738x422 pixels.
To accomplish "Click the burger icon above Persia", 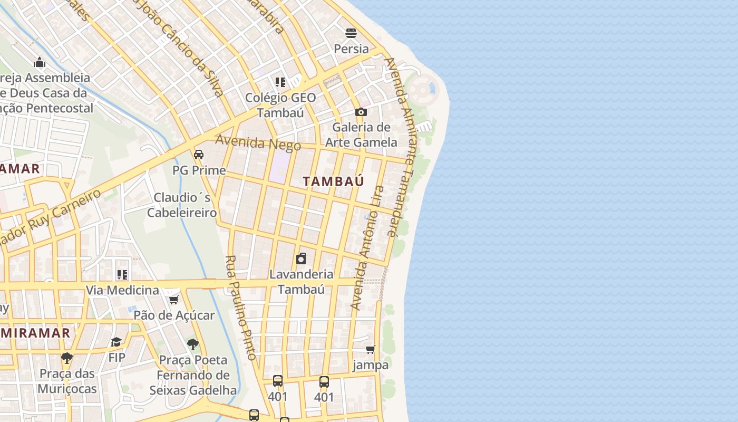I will click(351, 33).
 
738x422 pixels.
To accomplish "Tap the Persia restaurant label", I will click(351, 49).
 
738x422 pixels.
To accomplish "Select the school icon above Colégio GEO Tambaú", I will click(280, 82).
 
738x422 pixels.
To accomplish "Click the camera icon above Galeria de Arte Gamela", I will click(361, 112).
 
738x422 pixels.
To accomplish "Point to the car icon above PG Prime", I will click(199, 155).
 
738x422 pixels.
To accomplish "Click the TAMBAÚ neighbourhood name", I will click(333, 181).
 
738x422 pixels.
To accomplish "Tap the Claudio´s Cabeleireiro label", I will click(182, 205).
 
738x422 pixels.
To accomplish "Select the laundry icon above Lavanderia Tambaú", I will click(301, 258).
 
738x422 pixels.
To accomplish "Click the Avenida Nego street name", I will click(258, 142).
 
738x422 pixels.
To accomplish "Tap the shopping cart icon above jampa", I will click(371, 349).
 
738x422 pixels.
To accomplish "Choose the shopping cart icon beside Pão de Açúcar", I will click(173, 300).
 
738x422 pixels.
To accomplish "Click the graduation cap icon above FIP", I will click(116, 342).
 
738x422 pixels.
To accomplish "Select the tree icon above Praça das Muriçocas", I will click(67, 358).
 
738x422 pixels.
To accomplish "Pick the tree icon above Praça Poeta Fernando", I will click(193, 344).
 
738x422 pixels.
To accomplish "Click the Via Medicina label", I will click(122, 290).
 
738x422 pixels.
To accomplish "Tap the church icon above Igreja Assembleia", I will click(40, 63).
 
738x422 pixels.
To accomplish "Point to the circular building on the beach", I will click(423, 90).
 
